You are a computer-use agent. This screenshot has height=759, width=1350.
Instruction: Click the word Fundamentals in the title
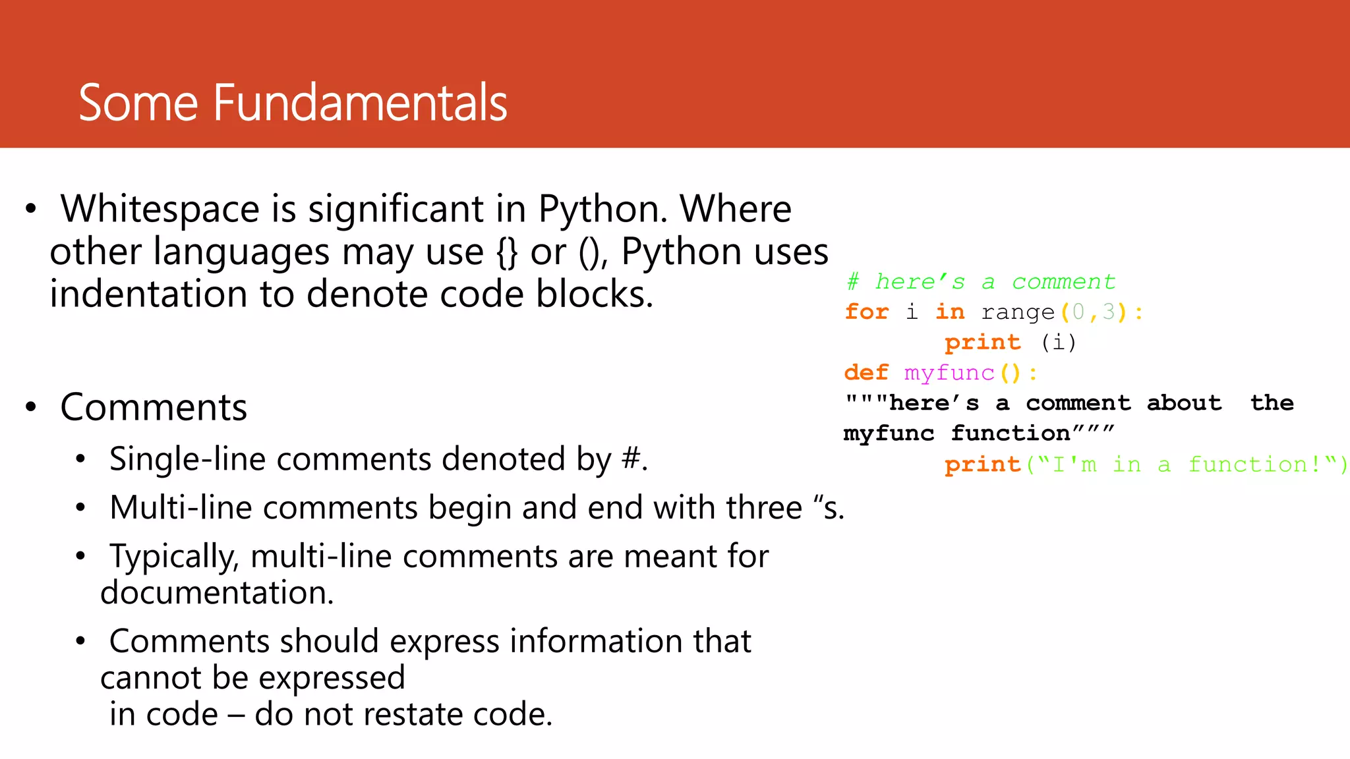tap(360, 103)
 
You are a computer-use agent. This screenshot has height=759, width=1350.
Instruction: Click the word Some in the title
tap(138, 103)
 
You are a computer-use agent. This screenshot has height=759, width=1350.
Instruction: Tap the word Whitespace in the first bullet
tap(160, 209)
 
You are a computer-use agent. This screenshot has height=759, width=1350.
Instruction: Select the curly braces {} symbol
tap(507, 252)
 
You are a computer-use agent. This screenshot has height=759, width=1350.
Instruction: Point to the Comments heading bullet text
tap(154, 407)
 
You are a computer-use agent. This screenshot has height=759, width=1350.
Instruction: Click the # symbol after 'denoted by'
tap(631, 459)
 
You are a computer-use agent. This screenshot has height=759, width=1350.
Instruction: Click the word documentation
tap(217, 592)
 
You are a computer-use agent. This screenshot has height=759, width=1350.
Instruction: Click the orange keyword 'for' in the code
tap(866, 312)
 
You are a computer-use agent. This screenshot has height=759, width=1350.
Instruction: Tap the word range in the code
tap(1018, 312)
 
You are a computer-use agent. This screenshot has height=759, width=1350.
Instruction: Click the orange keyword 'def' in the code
tap(866, 373)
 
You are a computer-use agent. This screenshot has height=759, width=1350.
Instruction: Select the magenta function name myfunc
tap(949, 373)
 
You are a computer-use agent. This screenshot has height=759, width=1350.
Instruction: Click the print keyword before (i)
tap(982, 343)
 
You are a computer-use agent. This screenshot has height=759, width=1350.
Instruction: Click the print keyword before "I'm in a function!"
tap(982, 465)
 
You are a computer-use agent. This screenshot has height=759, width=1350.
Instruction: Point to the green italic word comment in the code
tap(1063, 282)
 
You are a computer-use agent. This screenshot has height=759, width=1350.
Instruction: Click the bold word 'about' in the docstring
tap(1184, 403)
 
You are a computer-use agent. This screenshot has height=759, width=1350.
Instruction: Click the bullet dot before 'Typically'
tap(80, 556)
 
